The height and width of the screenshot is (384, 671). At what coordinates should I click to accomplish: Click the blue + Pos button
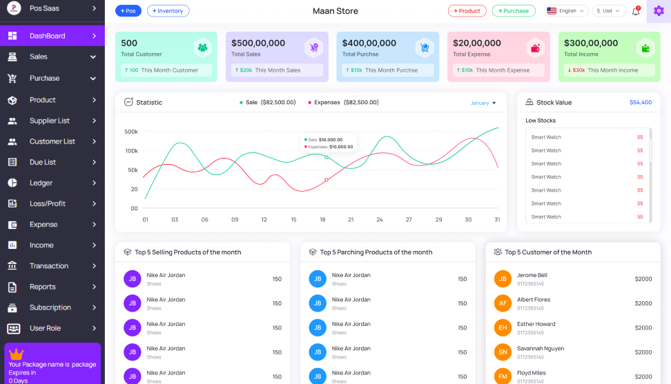point(128,11)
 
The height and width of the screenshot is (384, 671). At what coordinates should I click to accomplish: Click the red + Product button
point(467,11)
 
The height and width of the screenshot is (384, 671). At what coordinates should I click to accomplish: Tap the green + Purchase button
point(514,11)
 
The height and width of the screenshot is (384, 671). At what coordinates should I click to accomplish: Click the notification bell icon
point(636,11)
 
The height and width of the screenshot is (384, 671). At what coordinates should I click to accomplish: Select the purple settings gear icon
point(658,11)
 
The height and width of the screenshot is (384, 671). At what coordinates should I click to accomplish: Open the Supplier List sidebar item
point(50,121)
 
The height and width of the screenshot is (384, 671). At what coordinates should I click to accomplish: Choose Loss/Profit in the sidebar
point(48,203)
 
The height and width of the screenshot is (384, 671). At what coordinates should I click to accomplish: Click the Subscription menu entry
point(50,307)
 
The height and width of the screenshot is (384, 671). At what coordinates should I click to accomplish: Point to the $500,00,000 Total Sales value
point(258,43)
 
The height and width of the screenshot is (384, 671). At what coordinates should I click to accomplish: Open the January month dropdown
point(483,103)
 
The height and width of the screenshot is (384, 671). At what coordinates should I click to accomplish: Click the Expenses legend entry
point(343,103)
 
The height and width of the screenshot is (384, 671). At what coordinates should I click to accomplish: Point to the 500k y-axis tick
point(131,132)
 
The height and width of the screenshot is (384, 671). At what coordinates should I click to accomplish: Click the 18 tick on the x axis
point(322,220)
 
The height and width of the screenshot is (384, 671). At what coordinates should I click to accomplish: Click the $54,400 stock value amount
point(640,103)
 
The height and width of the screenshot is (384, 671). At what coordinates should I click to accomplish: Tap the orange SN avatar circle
point(503,352)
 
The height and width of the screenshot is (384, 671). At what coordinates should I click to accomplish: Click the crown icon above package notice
point(17,354)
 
